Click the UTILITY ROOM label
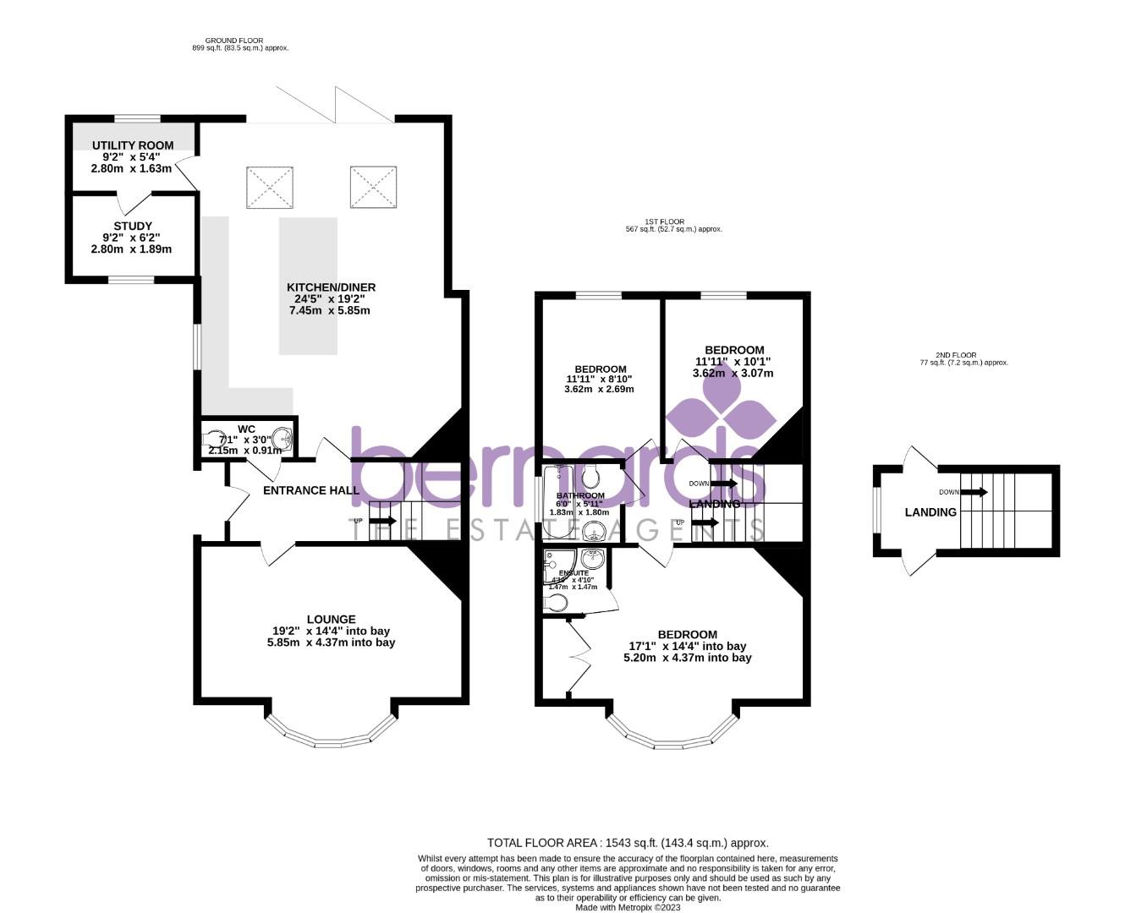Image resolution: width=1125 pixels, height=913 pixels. (x=132, y=145)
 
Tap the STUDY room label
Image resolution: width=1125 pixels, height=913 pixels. (x=132, y=226)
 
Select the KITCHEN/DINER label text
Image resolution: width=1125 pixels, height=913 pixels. (x=331, y=287)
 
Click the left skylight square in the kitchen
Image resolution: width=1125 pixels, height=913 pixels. (x=270, y=188)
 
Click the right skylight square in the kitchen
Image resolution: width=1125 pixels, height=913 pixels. (x=373, y=187)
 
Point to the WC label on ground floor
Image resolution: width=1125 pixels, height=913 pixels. (x=246, y=429)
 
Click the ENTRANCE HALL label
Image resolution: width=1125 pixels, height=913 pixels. (x=311, y=490)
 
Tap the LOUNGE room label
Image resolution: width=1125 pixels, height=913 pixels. (x=331, y=619)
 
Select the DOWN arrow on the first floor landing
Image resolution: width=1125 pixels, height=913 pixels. (x=723, y=484)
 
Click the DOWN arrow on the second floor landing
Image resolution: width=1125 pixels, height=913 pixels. (x=974, y=492)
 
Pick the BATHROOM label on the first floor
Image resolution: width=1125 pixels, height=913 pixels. (x=580, y=495)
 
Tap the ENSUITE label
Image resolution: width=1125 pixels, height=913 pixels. (x=573, y=572)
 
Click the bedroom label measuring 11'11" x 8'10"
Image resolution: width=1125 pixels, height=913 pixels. (x=600, y=369)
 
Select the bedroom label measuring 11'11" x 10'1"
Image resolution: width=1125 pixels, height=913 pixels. (x=734, y=350)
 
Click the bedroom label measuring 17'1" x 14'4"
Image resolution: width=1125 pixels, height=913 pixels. (x=687, y=634)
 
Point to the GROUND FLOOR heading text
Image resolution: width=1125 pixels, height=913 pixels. (x=233, y=41)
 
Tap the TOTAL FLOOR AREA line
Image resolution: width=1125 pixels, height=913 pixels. (x=627, y=843)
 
